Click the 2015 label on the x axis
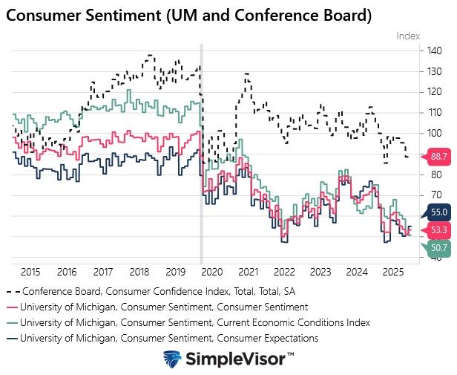[30, 272]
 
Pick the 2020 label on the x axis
[212, 272]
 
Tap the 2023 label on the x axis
[320, 272]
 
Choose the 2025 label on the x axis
[393, 272]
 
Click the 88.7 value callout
[438, 157]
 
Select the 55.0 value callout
[438, 212]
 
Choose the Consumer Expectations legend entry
[170, 338]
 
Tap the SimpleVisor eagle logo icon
[174, 359]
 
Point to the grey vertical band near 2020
[201, 149]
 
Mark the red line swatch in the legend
[11, 307]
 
